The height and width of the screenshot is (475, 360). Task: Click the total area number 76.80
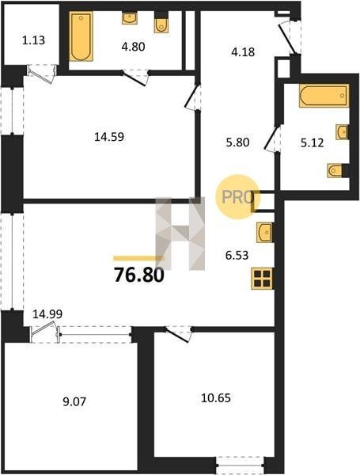139,275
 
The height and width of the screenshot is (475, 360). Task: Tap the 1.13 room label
33,40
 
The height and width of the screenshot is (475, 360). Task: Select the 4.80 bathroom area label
133,47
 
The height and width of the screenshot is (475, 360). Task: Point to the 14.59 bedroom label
109,137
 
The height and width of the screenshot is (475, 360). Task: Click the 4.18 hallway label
243,52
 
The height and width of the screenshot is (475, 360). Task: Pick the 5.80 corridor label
237,142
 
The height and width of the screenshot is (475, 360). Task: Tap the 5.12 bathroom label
313,142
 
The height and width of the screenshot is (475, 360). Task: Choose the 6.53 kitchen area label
237,255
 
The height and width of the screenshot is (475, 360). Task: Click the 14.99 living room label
47,313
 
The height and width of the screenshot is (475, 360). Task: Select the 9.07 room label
74,401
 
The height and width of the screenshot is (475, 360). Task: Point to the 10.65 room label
216,397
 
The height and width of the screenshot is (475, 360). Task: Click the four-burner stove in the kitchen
262,279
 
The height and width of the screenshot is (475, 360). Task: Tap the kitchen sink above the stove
264,232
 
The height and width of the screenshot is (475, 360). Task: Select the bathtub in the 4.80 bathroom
81,36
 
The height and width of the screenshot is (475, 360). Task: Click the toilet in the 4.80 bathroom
161,25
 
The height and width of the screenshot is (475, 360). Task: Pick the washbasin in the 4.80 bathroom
130,18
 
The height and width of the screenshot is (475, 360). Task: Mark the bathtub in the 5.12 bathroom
324,96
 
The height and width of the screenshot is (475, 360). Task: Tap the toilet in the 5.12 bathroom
335,170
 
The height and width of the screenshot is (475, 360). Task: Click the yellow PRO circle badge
238,197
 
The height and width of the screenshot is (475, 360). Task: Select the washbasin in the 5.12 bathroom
342,131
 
